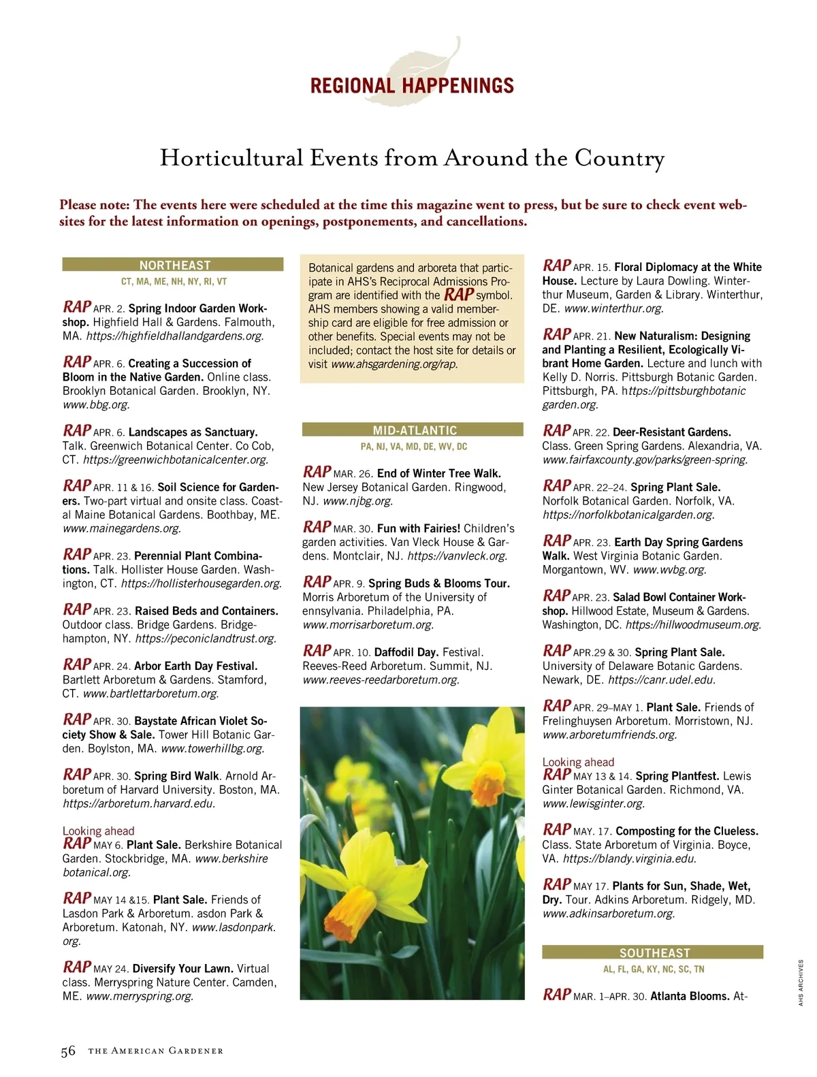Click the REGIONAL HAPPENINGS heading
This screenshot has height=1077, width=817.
(412, 86)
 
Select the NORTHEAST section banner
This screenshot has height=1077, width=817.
(174, 265)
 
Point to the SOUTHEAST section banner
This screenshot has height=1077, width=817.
(654, 953)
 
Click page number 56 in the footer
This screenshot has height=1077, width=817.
(68, 1051)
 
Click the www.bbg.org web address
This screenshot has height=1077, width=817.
(96, 404)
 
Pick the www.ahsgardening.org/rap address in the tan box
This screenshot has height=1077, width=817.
(394, 364)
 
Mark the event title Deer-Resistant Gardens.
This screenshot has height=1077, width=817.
(671, 432)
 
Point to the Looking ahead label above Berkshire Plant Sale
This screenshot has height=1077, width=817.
(98, 831)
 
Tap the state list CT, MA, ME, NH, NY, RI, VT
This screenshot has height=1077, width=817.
(174, 281)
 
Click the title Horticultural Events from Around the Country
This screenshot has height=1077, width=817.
(412, 158)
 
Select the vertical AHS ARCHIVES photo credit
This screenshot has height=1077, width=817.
(801, 982)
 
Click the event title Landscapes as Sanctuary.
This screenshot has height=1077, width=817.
(193, 432)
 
